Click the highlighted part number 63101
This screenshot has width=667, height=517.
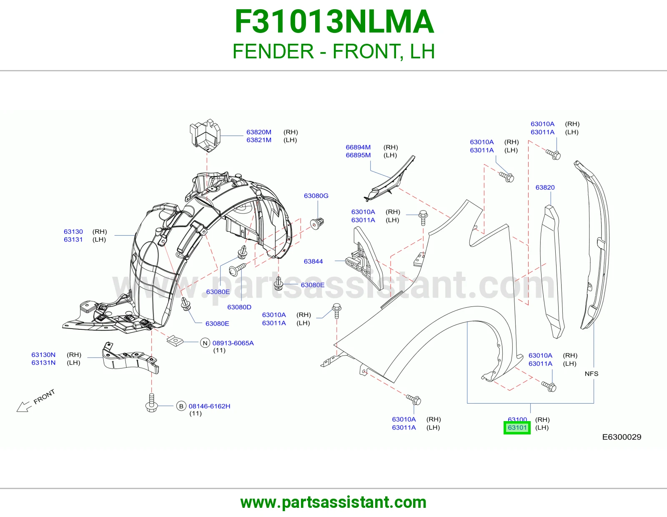(517, 428)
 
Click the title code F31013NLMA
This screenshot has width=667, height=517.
(334, 22)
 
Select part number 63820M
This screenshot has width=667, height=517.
(259, 132)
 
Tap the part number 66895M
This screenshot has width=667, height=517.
(358, 155)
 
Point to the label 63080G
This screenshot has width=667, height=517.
(316, 196)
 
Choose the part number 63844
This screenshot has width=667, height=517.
(313, 261)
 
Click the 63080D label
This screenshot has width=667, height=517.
(239, 307)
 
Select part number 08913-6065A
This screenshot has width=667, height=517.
(233, 343)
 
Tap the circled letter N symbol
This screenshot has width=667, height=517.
(205, 343)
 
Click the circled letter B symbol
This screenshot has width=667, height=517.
(181, 406)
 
